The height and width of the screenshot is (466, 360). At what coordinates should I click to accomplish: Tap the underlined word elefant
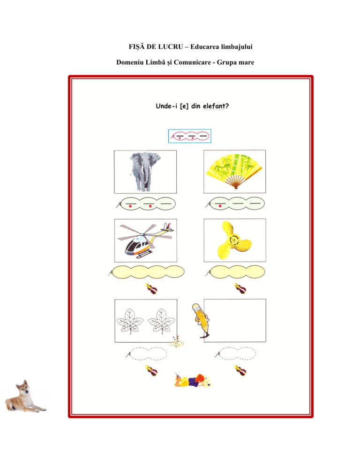[214, 106]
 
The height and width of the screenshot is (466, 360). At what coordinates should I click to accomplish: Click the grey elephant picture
[145, 172]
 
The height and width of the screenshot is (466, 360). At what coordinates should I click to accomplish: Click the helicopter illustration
[145, 240]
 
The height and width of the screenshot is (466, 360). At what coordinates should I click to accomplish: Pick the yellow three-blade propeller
[234, 240]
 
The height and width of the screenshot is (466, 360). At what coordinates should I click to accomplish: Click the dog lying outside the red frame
[25, 396]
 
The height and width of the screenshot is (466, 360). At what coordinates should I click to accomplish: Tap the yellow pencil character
[201, 321]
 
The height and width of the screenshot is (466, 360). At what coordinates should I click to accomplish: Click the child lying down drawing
[192, 380]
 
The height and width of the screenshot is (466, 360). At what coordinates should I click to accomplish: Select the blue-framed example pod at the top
[190, 136]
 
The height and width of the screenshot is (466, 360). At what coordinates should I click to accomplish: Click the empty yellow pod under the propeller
[236, 272]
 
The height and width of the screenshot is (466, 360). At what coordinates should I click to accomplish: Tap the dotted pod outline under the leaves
[146, 353]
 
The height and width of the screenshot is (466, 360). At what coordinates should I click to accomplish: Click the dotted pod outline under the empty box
[235, 353]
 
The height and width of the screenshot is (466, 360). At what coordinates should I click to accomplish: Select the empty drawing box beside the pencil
[235, 321]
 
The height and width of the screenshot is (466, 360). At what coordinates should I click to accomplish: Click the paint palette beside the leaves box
[177, 342]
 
